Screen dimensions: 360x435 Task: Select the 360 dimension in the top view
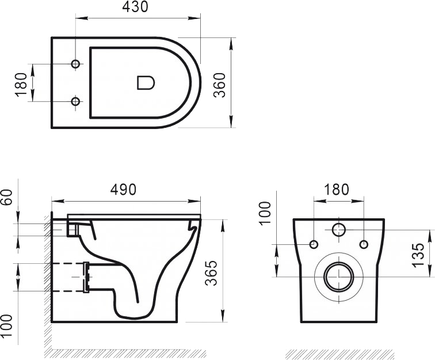tap(219, 85)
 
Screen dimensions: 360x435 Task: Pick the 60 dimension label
tap(7, 198)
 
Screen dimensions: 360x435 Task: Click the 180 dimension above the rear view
tap(337, 189)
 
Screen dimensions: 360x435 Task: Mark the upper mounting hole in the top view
tap(75, 63)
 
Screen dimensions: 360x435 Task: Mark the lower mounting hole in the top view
tap(75, 102)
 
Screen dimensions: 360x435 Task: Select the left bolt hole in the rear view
tap(314, 244)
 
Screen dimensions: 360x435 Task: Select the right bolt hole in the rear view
tap(363, 244)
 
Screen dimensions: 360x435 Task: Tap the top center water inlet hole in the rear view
tap(338, 229)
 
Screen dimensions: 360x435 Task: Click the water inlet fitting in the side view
tap(72, 229)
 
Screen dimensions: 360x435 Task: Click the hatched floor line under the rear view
tap(339, 353)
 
